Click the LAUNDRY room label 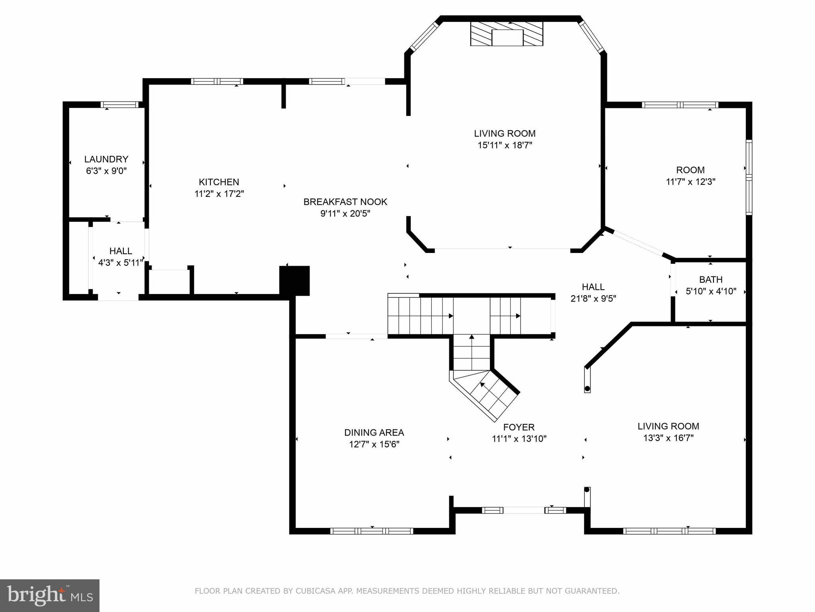coord(106,159)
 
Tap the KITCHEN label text coord(219,182)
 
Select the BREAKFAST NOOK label coord(345,202)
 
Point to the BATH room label coord(711,280)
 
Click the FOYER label coord(519,428)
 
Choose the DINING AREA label coord(374,433)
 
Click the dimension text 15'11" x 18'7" coord(505,145)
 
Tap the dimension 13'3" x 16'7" coord(669,438)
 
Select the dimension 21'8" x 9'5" coord(593,298)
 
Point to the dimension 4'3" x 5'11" coord(121,263)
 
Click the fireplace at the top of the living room coord(507,33)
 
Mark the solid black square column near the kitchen coord(294,280)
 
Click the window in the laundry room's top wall coord(119,105)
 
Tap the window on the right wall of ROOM coord(749,177)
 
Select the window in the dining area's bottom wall coord(372,531)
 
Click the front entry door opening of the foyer coord(524,510)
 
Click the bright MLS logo coord(50,596)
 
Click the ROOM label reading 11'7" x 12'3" coord(690,176)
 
